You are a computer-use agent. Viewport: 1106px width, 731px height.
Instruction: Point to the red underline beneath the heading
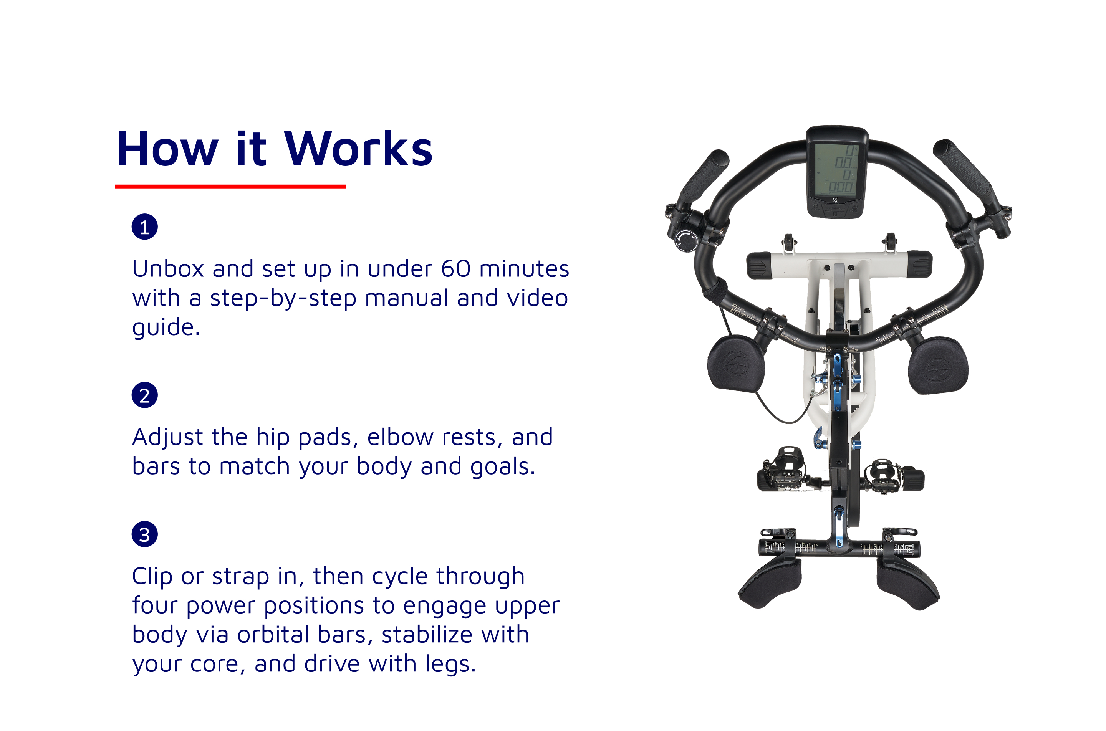click(x=230, y=187)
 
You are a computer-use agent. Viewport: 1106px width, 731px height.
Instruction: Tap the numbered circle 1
click(x=144, y=227)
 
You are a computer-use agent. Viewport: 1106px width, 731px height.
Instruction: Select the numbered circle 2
click(x=144, y=395)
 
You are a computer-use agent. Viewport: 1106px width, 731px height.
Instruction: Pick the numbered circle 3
click(x=144, y=534)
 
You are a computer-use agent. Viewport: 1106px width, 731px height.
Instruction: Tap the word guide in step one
click(x=166, y=328)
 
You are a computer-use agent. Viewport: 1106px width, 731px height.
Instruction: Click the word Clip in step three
click(x=152, y=577)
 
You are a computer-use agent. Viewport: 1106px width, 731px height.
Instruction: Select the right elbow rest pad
click(x=938, y=366)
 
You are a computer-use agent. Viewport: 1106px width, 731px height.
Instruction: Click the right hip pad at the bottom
click(x=907, y=583)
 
